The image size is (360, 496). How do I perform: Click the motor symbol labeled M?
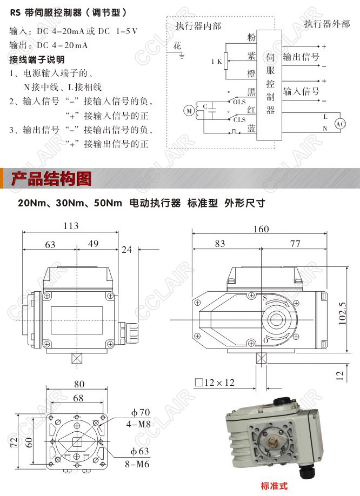point(189,111)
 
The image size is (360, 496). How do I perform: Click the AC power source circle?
point(341,124)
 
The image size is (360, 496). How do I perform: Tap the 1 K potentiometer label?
point(217,62)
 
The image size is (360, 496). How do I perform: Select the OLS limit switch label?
point(239,102)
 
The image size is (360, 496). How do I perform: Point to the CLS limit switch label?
point(239,120)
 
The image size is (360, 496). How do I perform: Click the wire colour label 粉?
point(251,38)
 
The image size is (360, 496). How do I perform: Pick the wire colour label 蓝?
point(251,129)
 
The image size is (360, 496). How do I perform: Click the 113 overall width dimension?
point(71,226)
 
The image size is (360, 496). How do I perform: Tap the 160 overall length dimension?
point(261,229)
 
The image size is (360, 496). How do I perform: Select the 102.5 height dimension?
point(342,313)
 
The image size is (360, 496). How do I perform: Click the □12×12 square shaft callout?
point(215,383)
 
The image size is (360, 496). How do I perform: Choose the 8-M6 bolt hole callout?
point(137,464)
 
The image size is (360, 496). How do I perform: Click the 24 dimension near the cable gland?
point(126,250)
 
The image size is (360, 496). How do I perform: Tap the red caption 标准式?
point(274,486)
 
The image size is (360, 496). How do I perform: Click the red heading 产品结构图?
point(51,179)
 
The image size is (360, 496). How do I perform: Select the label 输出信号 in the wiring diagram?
point(301,57)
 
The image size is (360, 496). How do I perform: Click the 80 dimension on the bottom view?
point(79,384)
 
